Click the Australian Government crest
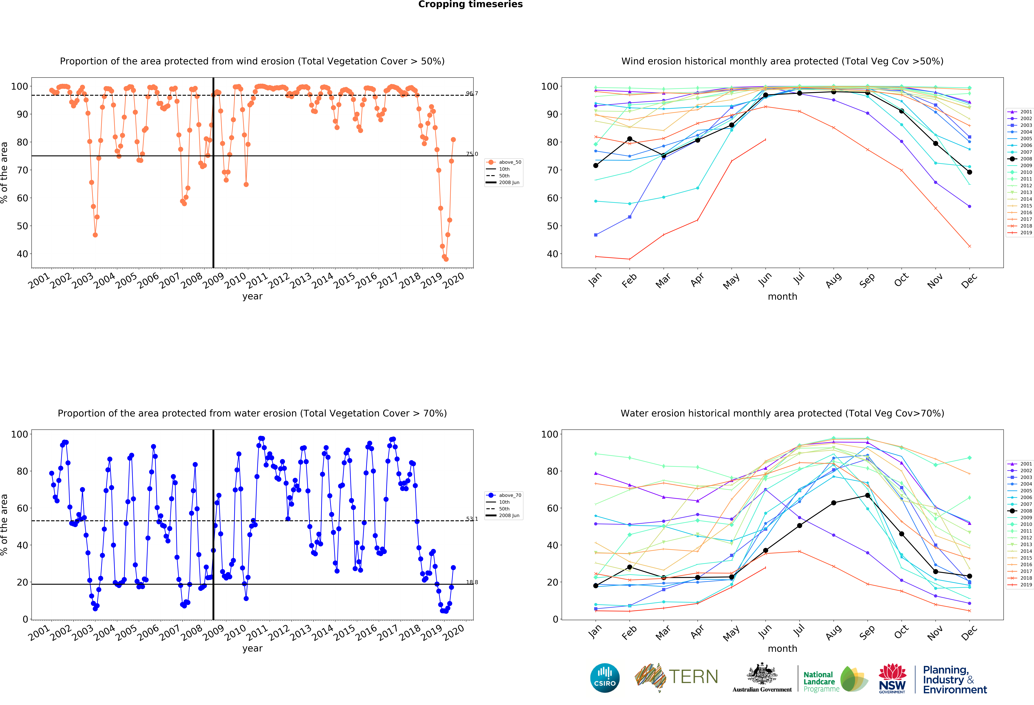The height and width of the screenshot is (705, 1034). coord(762,674)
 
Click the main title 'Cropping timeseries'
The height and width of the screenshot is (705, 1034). coord(470,4)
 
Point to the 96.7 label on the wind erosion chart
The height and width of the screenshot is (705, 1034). coord(472,93)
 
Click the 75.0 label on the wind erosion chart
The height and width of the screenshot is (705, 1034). coord(472,154)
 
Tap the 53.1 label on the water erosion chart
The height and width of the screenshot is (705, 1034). coord(472,519)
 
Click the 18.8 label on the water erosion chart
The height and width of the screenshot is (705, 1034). coord(472,582)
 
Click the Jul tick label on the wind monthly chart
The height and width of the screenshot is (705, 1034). coord(799,278)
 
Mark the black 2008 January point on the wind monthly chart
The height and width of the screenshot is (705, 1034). coord(596,166)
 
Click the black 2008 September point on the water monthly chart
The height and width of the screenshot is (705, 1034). coord(868,495)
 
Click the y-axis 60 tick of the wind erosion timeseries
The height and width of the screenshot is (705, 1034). coord(22,198)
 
